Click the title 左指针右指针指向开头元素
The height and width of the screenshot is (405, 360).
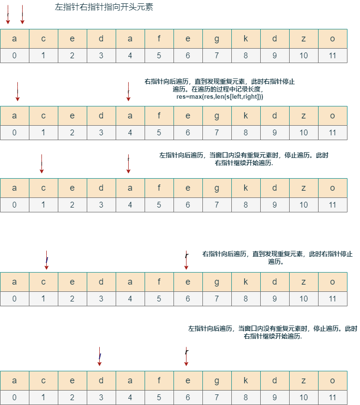(x=104, y=7)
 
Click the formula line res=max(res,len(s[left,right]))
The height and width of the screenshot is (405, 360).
(x=220, y=97)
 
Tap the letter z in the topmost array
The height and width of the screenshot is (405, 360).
(x=304, y=39)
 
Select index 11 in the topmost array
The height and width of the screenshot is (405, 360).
(x=333, y=55)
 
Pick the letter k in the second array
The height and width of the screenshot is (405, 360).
(x=246, y=116)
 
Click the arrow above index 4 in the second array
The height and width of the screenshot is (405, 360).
(x=129, y=91)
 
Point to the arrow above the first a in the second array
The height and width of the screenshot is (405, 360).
(x=17, y=91)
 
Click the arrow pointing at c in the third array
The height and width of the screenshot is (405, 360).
(x=41, y=164)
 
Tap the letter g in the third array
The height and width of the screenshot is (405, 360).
(x=217, y=188)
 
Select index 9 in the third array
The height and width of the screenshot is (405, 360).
(x=275, y=205)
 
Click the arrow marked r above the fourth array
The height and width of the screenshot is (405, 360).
(x=187, y=260)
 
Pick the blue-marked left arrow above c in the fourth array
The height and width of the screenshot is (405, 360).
(x=47, y=260)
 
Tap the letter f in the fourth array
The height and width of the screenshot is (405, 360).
(x=159, y=282)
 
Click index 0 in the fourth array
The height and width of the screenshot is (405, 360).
(x=14, y=299)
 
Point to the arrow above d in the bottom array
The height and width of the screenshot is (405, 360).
(x=99, y=356)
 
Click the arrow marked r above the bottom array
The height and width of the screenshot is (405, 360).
(x=187, y=356)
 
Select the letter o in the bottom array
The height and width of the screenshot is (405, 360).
(x=333, y=381)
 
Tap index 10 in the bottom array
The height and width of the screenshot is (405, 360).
(x=304, y=397)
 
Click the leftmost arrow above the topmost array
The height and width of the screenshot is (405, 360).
(x=8, y=14)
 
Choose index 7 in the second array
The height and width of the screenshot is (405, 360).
(x=217, y=132)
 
